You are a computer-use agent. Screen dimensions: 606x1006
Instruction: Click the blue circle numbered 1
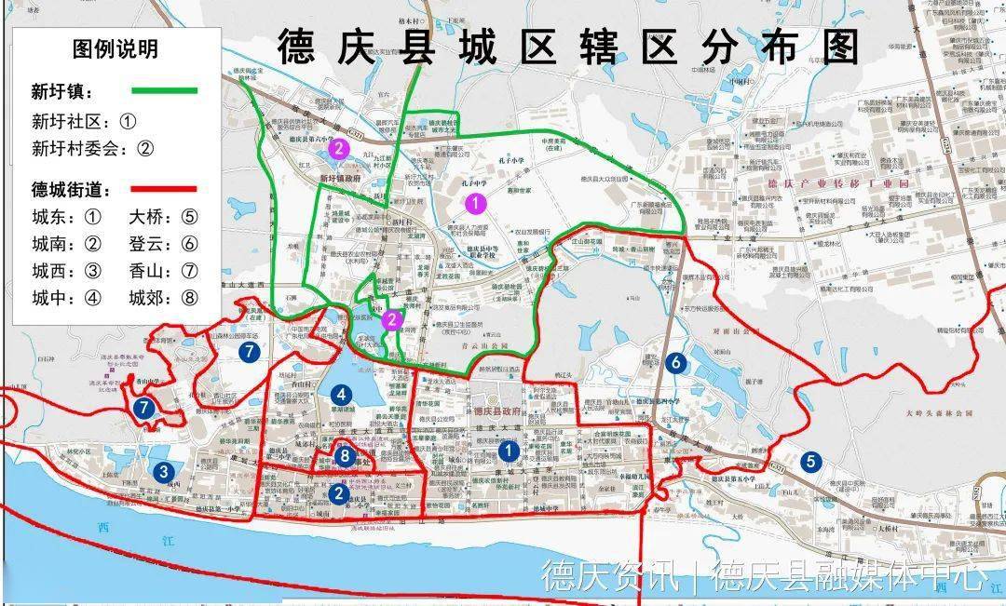[x=509, y=451]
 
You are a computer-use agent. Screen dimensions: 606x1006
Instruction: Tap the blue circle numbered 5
[x=810, y=461]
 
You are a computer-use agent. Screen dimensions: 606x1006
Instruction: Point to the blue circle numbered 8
[x=346, y=456]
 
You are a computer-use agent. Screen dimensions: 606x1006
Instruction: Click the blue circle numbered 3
[x=163, y=471]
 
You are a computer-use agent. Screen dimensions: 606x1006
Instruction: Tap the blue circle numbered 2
[x=339, y=493]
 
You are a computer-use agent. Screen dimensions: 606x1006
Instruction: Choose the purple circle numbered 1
[x=476, y=201]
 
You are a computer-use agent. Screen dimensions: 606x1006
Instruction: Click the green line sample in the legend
[x=165, y=90]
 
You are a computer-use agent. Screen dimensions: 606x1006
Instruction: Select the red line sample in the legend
[x=165, y=189]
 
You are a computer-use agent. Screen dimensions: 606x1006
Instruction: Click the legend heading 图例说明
[x=116, y=48]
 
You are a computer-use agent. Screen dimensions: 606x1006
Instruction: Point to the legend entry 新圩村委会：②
[x=92, y=148]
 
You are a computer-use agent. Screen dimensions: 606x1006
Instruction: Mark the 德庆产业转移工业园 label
[x=822, y=184]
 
